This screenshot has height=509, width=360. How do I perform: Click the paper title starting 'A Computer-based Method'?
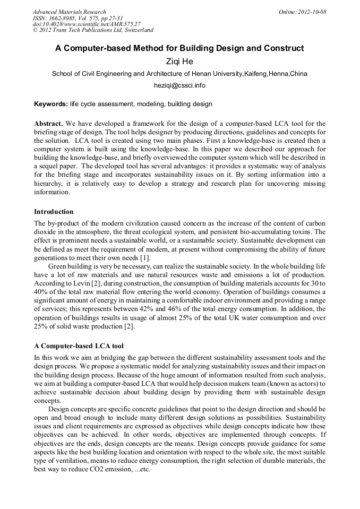(x=179, y=48)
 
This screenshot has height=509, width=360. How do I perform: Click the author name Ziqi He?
(x=179, y=61)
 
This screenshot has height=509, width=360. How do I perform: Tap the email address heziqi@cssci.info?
(x=179, y=85)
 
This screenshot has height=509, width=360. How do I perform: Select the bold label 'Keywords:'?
(x=51, y=104)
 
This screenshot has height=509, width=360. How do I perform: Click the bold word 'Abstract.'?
(x=49, y=123)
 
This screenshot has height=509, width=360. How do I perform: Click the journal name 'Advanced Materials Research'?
(x=70, y=12)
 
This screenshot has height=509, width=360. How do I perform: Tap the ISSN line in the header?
(x=78, y=18)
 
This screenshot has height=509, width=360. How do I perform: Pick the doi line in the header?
(x=87, y=24)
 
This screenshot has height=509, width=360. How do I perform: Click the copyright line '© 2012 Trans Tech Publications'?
(x=93, y=30)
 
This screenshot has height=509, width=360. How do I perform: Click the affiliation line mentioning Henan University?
(x=179, y=74)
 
